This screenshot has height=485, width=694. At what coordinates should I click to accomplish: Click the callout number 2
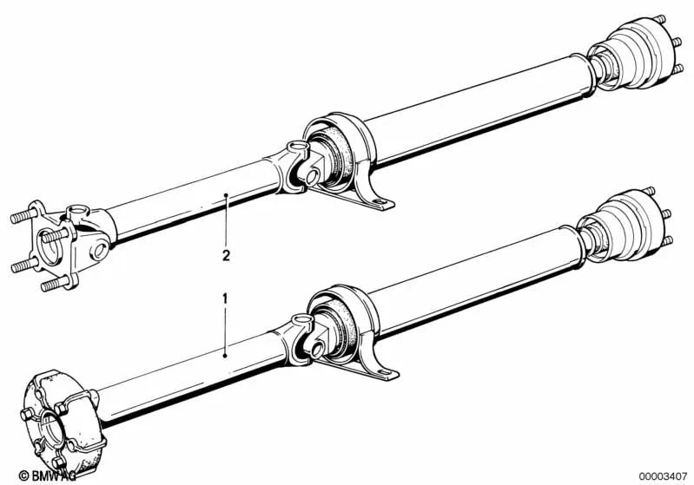[226, 255]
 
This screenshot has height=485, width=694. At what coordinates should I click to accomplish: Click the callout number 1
[226, 298]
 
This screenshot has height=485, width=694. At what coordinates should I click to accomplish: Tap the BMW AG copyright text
[31, 475]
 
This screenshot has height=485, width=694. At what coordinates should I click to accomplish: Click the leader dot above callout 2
[226, 197]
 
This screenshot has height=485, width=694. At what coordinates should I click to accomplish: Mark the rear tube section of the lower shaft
[478, 282]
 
